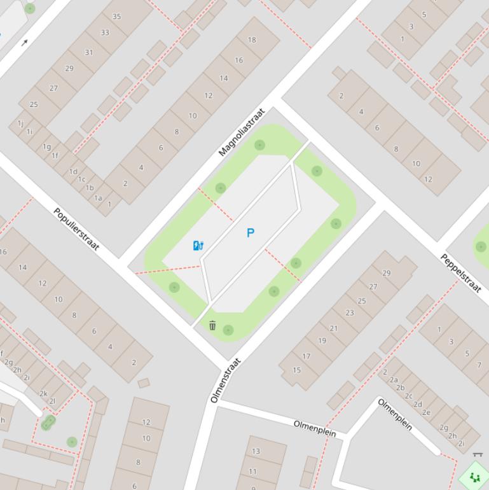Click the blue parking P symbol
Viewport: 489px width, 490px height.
coord(250,234)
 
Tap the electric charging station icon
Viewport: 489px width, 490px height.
coord(198,246)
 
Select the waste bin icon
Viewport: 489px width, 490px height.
coord(212,326)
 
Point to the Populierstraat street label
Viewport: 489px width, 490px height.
coord(76,229)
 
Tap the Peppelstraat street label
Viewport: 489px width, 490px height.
coord(461,272)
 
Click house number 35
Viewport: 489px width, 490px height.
coord(116,17)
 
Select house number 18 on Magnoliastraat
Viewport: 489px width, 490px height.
coord(252,39)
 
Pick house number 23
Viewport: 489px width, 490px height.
coord(350,312)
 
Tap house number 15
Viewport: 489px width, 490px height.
coord(296,370)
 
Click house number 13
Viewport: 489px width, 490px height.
coord(256,451)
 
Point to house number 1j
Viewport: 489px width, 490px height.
coord(20,123)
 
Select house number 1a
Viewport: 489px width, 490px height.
coord(98,198)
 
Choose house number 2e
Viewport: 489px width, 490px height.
coord(426,412)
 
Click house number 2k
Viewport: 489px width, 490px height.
coord(43,393)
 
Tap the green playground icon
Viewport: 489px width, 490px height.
coord(474,477)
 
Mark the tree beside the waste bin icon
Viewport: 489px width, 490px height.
coord(228,330)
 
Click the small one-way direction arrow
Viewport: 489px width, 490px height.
coord(25,43)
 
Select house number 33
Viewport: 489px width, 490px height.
coord(105,33)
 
